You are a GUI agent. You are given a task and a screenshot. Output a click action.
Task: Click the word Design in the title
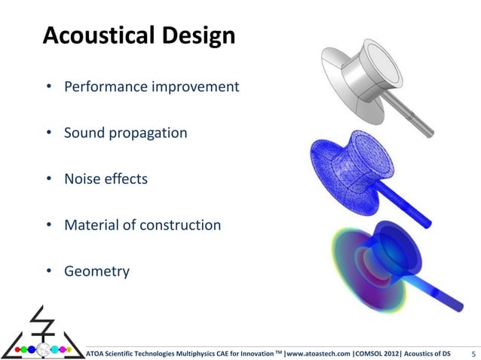click(x=192, y=35)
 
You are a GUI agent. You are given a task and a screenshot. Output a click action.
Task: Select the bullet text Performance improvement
click(x=151, y=87)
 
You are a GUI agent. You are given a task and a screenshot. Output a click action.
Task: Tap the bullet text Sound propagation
click(x=125, y=133)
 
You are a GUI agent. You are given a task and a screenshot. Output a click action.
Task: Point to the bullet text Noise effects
click(x=106, y=179)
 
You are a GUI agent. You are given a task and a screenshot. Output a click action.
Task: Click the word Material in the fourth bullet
click(x=90, y=225)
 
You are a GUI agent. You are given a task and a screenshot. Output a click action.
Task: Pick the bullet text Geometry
click(x=97, y=271)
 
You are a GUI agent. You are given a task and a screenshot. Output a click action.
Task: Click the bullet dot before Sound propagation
click(x=48, y=134)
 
